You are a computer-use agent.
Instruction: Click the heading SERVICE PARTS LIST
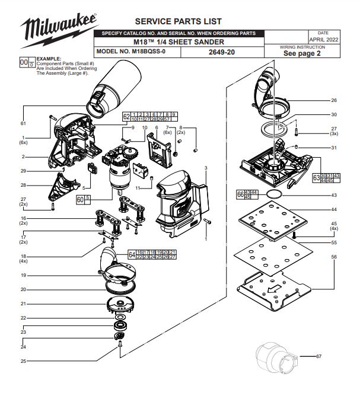click(x=170, y=21)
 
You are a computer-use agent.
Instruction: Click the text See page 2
click(x=302, y=53)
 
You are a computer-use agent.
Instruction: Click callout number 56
click(x=334, y=256)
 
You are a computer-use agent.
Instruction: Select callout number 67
click(x=318, y=356)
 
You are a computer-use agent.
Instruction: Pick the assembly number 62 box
click(x=126, y=116)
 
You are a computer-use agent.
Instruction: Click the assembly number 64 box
click(x=131, y=254)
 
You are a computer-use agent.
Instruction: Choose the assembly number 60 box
click(x=80, y=200)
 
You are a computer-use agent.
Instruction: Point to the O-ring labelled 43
click(x=273, y=194)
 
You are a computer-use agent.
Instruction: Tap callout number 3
click(x=205, y=169)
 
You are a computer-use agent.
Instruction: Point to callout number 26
click(x=334, y=100)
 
